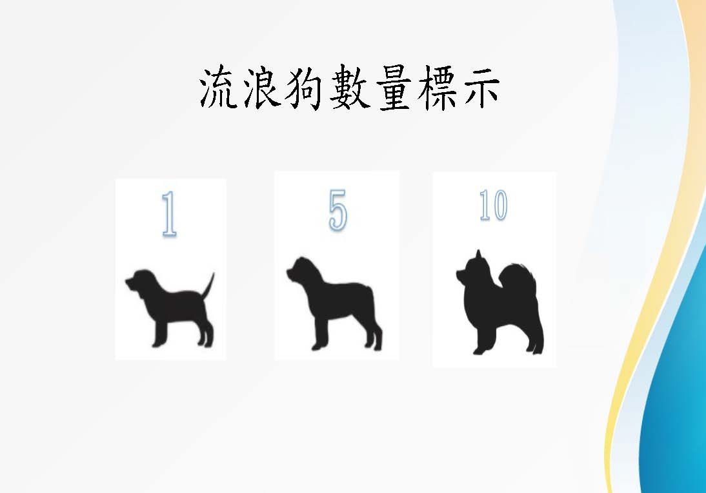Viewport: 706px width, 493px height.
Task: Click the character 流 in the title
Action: click(218, 87)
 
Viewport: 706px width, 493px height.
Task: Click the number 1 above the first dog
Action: click(169, 214)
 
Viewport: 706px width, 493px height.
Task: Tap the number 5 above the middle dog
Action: click(338, 210)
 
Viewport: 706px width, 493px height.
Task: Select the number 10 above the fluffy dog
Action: click(494, 205)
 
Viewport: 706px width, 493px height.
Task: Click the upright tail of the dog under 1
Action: click(208, 285)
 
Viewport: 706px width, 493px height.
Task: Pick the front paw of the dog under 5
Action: click(318, 346)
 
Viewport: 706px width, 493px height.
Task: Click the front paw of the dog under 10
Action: click(479, 350)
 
